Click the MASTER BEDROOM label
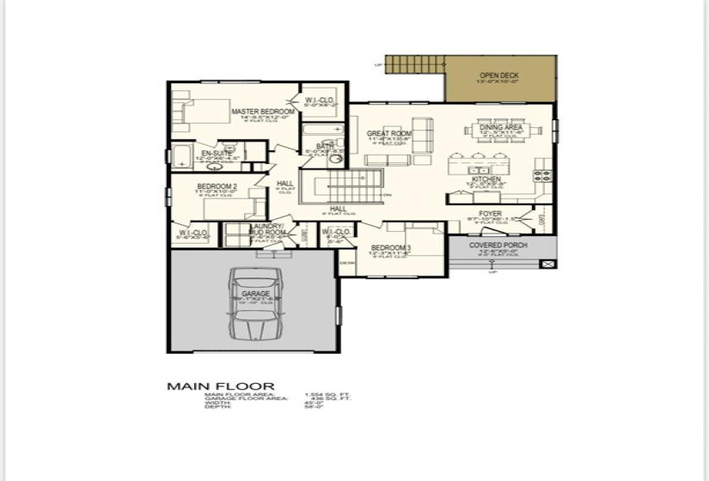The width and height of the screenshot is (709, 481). (x=263, y=112)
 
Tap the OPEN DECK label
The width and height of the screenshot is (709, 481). (x=498, y=76)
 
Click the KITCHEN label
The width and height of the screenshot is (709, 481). (x=486, y=179)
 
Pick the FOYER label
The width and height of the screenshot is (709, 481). (x=490, y=214)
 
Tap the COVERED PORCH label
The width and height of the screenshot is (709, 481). (x=498, y=245)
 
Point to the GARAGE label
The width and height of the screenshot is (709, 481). (x=255, y=294)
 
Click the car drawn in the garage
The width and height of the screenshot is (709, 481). (x=255, y=305)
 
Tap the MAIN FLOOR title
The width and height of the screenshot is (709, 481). (x=220, y=387)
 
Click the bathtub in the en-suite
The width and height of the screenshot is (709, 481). (x=183, y=157)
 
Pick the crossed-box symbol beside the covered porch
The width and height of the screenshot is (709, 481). (x=547, y=265)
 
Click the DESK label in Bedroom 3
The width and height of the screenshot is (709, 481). (x=346, y=263)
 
